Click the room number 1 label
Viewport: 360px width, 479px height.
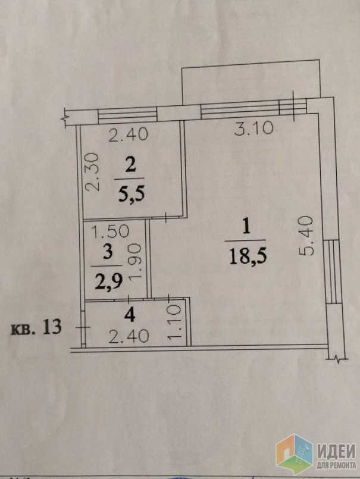tap(246, 227)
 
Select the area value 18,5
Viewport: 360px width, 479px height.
tap(248, 256)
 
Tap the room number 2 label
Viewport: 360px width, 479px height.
tap(130, 167)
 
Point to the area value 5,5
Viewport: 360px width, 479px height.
tap(132, 194)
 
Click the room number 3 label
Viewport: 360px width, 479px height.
tap(108, 252)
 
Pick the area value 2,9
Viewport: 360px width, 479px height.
tap(109, 281)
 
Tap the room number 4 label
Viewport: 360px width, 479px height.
tap(130, 315)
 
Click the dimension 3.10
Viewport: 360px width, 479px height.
tap(253, 128)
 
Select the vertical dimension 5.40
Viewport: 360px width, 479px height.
tap(306, 235)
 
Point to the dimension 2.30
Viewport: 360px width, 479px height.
tap(92, 172)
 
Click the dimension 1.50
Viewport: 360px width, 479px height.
tap(111, 231)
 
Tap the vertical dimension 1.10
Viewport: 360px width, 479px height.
tap(174, 321)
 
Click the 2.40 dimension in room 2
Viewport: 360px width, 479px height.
tap(129, 134)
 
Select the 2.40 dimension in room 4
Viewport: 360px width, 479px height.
tap(129, 336)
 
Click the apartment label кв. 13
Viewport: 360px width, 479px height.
tap(36, 327)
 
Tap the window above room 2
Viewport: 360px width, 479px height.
tap(127, 115)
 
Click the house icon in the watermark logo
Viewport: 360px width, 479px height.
tap(295, 454)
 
